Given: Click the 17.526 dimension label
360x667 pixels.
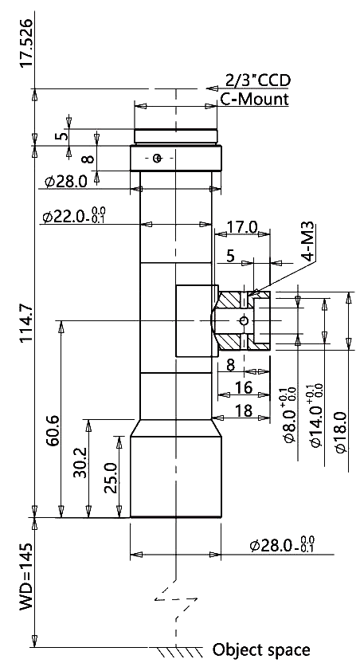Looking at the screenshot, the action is [26, 42].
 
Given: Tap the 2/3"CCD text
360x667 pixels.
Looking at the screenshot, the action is [258, 80].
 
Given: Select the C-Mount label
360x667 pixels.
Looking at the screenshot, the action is [254, 99].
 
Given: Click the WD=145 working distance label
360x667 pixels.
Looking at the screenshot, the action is [26, 576].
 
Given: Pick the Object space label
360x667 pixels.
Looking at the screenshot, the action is [261, 649].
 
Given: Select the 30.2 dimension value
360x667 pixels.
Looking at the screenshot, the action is [80, 462].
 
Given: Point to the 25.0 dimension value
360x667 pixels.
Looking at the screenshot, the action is [112, 478].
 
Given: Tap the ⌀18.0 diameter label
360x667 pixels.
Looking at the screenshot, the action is [342, 432].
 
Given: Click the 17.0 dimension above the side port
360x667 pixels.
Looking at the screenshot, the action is [242, 227].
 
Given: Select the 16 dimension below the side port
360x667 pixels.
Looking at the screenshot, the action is [244, 387].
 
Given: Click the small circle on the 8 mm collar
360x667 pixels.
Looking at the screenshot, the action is [158, 159].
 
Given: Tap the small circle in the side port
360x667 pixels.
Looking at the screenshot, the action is [244, 320].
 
